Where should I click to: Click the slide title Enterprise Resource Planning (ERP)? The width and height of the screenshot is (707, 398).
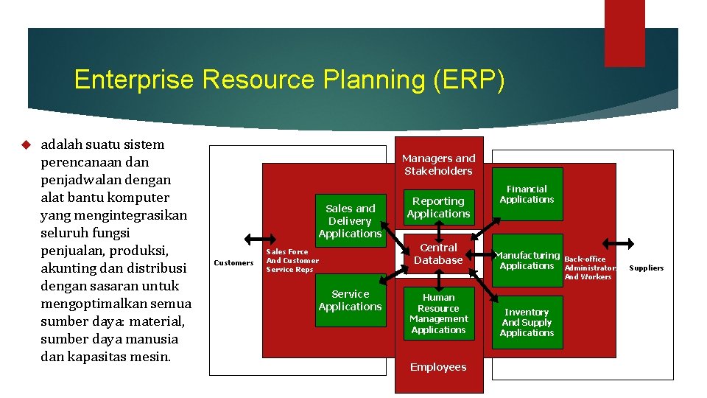click(289, 80)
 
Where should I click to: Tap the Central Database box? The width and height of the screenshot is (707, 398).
click(438, 254)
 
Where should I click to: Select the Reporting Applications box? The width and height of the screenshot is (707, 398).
click(438, 207)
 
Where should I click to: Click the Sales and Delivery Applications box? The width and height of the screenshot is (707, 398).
click(350, 220)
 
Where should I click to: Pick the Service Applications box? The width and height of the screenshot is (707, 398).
click(350, 300)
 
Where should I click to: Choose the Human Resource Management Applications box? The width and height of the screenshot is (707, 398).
click(438, 313)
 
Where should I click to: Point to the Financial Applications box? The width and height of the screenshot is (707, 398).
click(527, 195)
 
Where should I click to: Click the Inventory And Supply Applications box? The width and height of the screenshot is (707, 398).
click(527, 322)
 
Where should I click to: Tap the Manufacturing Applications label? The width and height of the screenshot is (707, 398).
click(527, 260)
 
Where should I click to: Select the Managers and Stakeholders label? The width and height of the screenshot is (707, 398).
click(438, 164)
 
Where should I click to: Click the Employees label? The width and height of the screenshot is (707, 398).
click(438, 367)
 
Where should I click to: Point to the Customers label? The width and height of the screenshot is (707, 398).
click(233, 263)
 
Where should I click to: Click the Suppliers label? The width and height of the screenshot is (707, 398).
click(646, 268)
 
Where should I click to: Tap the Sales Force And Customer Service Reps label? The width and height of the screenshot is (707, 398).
click(292, 260)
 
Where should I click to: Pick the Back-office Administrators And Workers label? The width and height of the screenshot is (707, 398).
click(589, 268)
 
